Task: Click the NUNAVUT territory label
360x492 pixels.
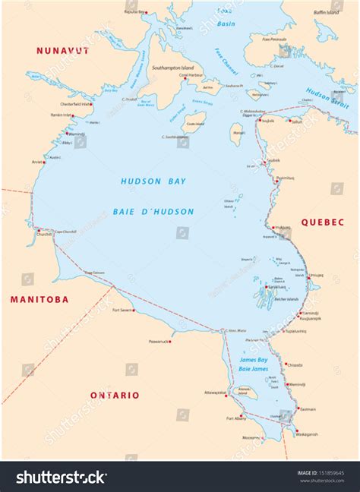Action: (x=63, y=51)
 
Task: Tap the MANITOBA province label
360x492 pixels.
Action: (x=39, y=299)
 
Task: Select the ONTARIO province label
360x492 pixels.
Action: (x=115, y=395)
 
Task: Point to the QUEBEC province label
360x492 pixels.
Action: (x=324, y=222)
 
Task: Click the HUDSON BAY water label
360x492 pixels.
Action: (x=153, y=181)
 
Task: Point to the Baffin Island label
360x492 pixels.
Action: (x=330, y=12)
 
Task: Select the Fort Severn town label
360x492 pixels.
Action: (x=123, y=310)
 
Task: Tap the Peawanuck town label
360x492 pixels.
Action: (x=157, y=342)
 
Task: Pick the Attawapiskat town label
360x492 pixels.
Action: (x=215, y=393)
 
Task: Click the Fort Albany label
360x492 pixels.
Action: (x=235, y=418)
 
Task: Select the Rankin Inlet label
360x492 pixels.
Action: (x=61, y=115)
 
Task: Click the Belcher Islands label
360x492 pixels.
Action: (x=290, y=299)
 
